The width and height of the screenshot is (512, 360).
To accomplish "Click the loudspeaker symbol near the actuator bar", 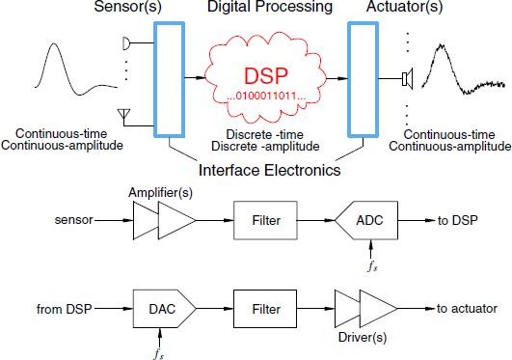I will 408,74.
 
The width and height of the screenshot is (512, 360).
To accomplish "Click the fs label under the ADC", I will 371,262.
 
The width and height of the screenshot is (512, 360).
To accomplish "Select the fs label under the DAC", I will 158,350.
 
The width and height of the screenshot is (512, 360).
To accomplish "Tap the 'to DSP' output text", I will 457,221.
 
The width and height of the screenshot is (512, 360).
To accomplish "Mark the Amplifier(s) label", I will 154,193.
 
